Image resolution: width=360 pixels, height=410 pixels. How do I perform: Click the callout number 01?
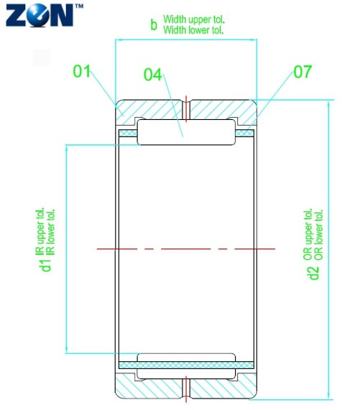(81, 71)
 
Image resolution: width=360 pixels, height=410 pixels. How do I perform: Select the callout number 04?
(153, 75)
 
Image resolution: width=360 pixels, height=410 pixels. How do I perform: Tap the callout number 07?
(303, 72)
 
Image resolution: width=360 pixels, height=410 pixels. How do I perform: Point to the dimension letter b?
(154, 25)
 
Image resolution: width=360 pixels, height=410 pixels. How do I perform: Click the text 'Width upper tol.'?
(194, 19)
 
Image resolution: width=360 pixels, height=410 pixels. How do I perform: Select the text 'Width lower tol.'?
(193, 30)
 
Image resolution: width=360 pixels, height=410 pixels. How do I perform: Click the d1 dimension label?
(46, 265)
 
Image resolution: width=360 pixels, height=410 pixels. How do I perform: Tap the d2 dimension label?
(313, 273)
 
